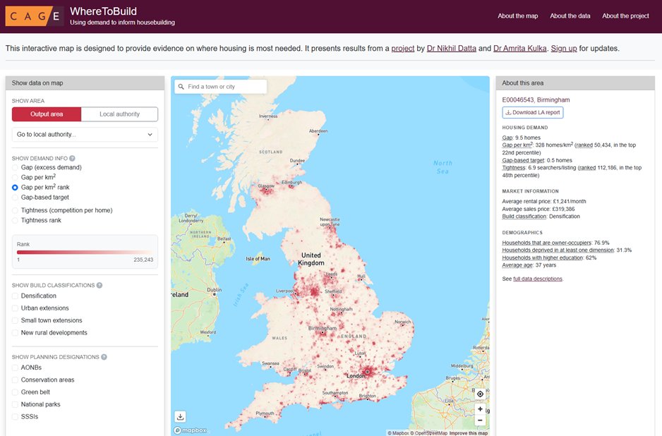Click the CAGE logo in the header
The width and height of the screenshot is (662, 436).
coord(35,16)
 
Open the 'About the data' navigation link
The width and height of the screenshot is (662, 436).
coord(570,16)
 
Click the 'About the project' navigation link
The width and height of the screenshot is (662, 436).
coord(625,16)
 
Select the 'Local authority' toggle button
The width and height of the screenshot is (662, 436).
coord(119,114)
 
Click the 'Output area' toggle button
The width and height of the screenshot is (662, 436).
coord(47,114)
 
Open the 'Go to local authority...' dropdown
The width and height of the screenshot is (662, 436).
coord(85,134)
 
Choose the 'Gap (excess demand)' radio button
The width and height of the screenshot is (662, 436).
coord(16,167)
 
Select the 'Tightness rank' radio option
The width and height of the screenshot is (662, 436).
coord(16,220)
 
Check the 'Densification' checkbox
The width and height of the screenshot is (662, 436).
coord(16,296)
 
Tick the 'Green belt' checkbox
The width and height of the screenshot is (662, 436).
coord(16,392)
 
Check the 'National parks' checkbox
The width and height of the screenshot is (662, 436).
coord(16,404)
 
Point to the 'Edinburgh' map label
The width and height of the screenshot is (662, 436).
coord(296,183)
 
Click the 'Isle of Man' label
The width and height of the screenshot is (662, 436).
coord(258,259)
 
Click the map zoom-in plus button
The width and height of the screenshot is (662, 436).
coord(480,408)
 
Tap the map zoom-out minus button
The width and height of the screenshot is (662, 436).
coord(480,420)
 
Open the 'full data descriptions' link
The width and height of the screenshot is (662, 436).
coord(538,279)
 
